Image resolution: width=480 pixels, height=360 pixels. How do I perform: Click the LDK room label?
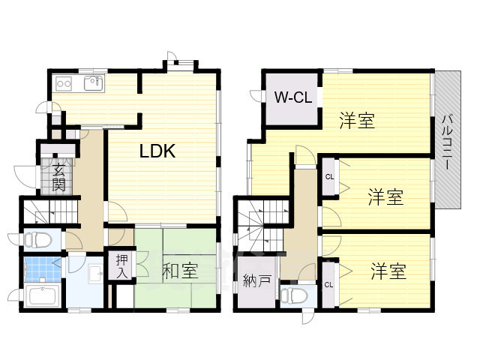[157, 151]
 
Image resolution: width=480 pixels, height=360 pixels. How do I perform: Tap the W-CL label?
[293, 97]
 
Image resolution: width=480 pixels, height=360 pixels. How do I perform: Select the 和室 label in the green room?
[180, 270]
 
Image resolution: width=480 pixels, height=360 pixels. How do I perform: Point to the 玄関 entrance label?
[58, 178]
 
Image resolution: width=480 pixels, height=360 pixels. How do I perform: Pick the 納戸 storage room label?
[257, 280]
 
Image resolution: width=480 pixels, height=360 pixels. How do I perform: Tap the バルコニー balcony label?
[447, 142]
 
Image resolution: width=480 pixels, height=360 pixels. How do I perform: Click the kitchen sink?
[94, 83]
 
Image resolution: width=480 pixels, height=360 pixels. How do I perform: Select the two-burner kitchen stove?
[64, 83]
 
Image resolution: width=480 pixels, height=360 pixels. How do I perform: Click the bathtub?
[43, 296]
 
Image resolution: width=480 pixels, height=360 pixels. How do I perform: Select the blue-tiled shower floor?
[43, 270]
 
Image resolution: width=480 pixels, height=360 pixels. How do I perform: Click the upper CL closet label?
[329, 177]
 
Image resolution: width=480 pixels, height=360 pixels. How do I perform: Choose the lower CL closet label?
[328, 285]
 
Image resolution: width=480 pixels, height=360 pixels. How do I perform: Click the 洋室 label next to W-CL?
[357, 121]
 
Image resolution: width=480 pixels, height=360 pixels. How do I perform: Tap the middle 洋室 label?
[385, 196]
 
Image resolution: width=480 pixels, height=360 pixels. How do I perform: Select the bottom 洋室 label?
[388, 271]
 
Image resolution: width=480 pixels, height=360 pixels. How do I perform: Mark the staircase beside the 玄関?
[50, 211]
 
